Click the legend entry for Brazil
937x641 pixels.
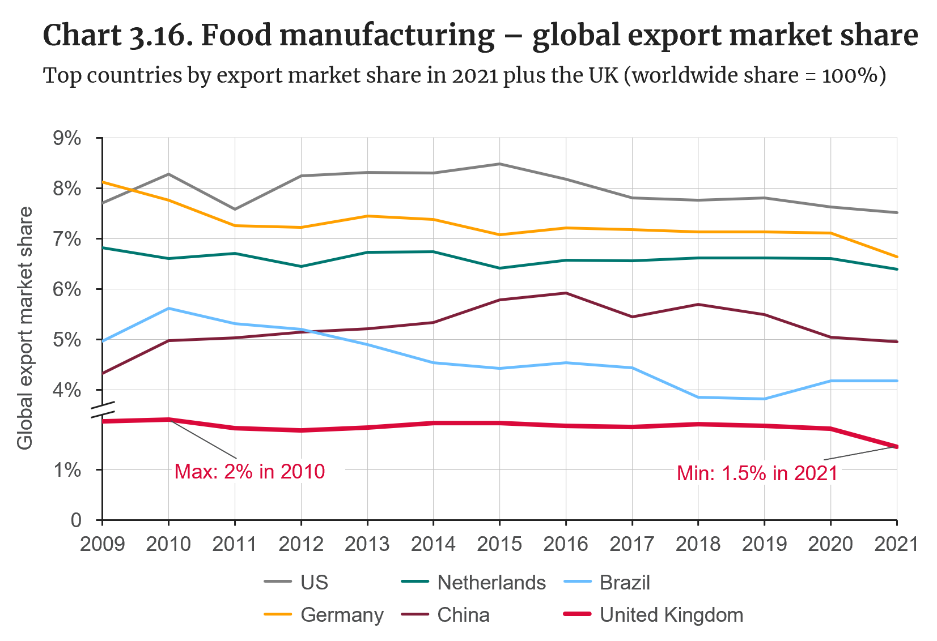tap(624, 583)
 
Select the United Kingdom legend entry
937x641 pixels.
tap(671, 615)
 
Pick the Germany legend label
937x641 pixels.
tap(342, 615)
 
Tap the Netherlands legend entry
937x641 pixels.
tap(491, 583)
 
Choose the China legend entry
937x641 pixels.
tap(463, 615)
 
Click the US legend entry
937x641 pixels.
tap(314, 583)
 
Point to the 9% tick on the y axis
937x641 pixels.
tap(67, 138)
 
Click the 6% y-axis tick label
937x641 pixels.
tap(67, 289)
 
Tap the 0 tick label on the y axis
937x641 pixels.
tap(76, 520)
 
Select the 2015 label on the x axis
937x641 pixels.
tap(499, 544)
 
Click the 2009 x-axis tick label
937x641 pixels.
tap(102, 544)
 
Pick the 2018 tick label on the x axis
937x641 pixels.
tap(698, 544)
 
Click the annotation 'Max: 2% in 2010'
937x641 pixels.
tap(249, 472)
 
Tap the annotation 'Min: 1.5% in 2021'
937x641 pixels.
tap(757, 473)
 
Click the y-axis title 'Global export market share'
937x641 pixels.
tap(25, 328)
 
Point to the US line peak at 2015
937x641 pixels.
tap(499, 164)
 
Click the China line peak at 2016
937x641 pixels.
tap(566, 293)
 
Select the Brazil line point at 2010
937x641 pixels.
tap(168, 308)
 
